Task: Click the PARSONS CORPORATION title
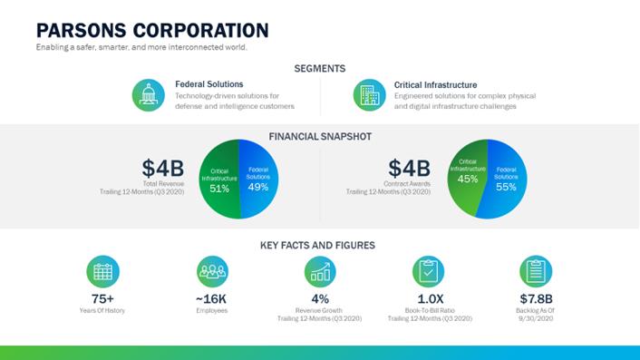(152, 31)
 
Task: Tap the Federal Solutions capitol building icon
(148, 95)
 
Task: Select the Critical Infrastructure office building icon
(369, 95)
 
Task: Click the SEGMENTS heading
(320, 69)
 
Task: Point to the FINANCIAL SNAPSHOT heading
(320, 136)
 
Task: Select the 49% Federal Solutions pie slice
(258, 179)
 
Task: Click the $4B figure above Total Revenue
(163, 168)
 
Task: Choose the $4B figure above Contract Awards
(409, 168)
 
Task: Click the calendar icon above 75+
(102, 271)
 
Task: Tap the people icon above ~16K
(212, 271)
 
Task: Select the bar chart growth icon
(320, 271)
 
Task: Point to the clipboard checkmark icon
(428, 271)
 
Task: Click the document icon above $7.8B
(536, 271)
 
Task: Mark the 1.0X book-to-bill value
(431, 298)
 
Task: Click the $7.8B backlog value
(536, 298)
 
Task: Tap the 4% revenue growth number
(320, 298)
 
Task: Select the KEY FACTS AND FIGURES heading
(317, 246)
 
